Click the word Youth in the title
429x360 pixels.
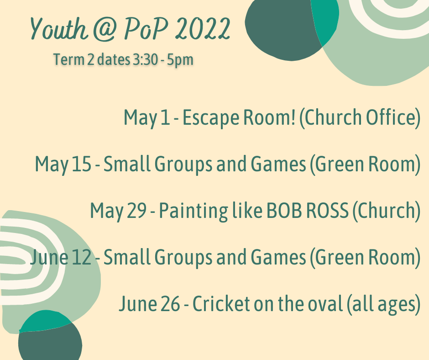click(x=59, y=28)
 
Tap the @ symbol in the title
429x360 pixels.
click(x=105, y=29)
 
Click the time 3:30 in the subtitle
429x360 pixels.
click(x=145, y=59)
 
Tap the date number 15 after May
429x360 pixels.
click(x=82, y=164)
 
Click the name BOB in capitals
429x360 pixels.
click(x=284, y=211)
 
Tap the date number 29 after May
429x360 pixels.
click(x=137, y=211)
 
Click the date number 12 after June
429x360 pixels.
click(x=82, y=257)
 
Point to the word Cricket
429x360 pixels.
click(x=221, y=304)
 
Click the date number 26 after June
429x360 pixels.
click(x=170, y=304)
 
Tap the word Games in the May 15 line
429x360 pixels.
click(x=278, y=164)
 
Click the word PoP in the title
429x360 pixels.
click(x=146, y=29)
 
